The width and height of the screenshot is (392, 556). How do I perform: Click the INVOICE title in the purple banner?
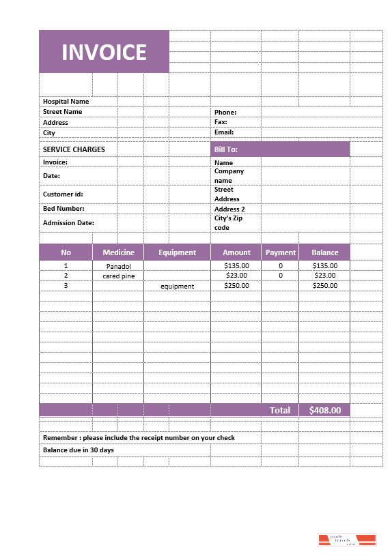(104, 52)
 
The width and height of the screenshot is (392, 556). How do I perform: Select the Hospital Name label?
(66, 102)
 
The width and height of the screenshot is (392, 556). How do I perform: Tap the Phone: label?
(225, 113)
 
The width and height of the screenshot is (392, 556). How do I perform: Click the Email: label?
(225, 132)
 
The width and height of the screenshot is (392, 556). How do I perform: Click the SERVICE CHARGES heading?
(74, 149)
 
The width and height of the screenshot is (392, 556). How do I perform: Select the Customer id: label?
(63, 194)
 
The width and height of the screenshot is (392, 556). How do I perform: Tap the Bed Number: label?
(64, 209)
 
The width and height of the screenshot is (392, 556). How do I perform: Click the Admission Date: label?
(68, 223)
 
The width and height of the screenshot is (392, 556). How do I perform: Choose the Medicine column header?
(118, 252)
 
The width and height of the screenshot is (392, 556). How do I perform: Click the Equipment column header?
(177, 252)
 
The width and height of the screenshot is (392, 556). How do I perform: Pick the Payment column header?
(280, 252)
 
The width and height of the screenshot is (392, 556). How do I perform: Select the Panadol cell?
(118, 266)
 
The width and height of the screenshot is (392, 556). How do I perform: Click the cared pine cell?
(118, 276)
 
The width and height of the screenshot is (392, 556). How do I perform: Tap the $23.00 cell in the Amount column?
(236, 276)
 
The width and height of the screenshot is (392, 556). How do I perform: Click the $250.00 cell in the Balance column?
(324, 286)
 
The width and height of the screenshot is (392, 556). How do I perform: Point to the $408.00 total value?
(324, 410)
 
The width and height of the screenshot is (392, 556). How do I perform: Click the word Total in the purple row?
(280, 410)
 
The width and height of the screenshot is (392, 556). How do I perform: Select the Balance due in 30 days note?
(79, 450)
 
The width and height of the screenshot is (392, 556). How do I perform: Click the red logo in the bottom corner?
(347, 540)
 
